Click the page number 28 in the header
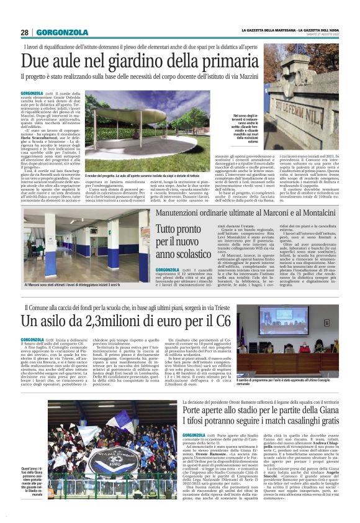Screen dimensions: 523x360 click(25, 32)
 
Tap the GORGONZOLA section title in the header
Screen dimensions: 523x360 click(63, 32)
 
